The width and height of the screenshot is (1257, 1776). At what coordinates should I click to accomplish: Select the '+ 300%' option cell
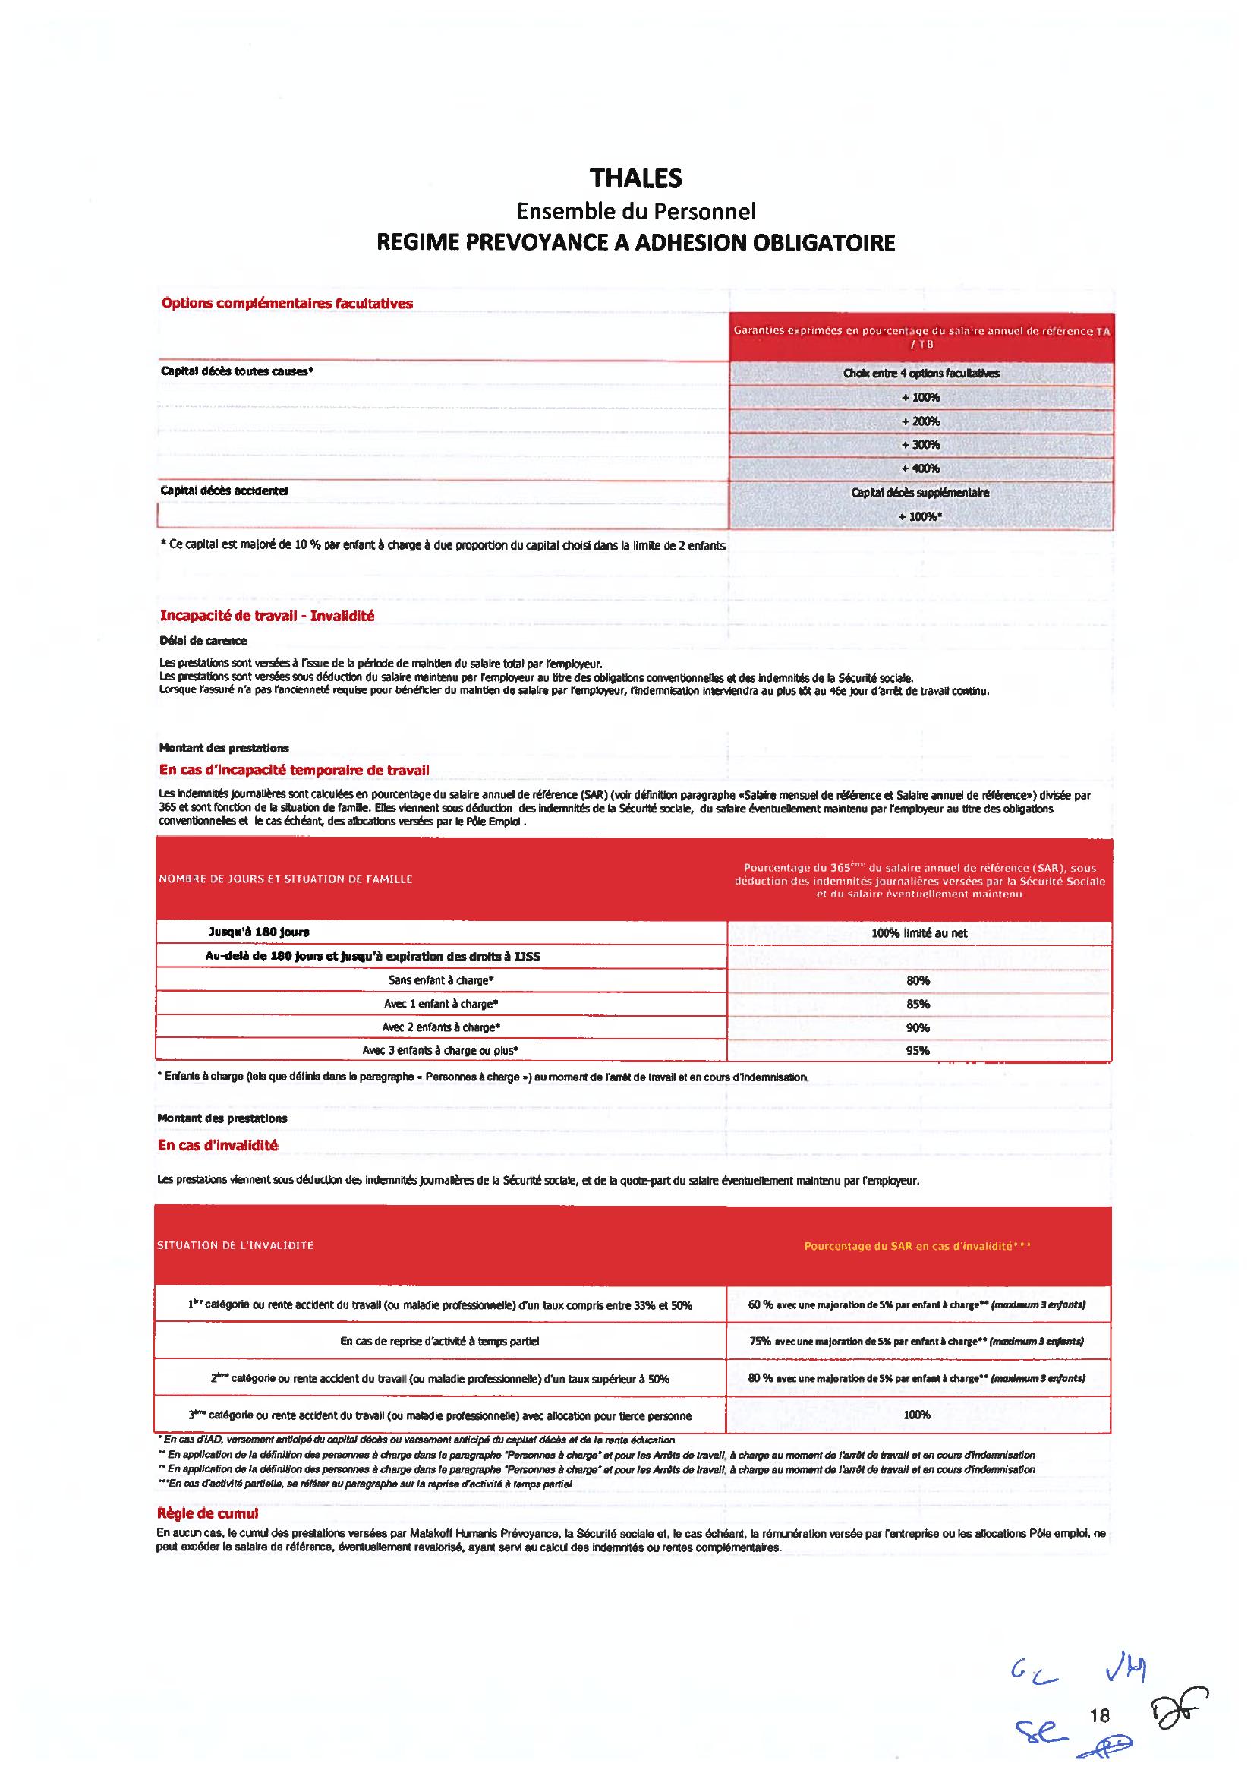(919, 444)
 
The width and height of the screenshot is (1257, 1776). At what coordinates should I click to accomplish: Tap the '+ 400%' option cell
(919, 468)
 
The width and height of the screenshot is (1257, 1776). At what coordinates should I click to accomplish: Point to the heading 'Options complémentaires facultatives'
(286, 304)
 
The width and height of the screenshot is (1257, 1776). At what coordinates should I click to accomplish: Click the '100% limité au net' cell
(918, 933)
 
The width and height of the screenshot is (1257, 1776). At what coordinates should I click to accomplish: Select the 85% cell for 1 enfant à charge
(918, 1004)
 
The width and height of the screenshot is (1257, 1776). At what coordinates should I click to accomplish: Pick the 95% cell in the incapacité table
(918, 1051)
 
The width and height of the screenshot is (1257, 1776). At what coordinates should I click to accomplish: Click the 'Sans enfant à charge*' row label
(441, 980)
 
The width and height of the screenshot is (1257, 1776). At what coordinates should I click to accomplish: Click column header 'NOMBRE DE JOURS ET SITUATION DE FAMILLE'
(285, 879)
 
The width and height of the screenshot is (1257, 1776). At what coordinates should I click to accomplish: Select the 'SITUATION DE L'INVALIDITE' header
(235, 1245)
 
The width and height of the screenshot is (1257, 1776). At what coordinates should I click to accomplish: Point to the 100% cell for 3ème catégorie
(916, 1415)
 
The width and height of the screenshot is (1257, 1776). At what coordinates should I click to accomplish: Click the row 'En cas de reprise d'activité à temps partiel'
(439, 1341)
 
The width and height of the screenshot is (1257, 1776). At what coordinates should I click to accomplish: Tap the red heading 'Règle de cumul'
(207, 1513)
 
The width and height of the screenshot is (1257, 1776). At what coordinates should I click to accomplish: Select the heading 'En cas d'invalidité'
(218, 1145)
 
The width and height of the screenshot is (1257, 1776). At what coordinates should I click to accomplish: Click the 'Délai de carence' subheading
(203, 640)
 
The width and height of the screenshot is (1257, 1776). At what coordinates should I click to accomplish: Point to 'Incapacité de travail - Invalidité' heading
(267, 617)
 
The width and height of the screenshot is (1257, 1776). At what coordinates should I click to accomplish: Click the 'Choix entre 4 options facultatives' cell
(920, 373)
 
